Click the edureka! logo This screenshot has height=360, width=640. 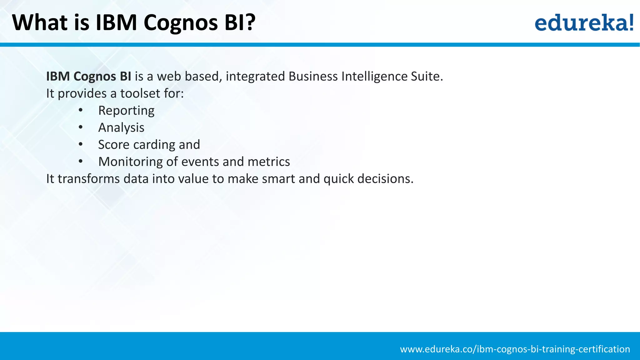point(584,22)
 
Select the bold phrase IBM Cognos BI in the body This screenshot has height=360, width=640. point(88,77)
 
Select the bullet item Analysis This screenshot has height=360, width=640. point(121,128)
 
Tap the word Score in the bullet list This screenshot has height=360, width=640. point(114,145)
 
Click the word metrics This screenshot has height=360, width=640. point(269,162)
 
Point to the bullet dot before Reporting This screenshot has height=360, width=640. point(81,110)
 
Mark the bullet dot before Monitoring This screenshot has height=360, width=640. point(81,162)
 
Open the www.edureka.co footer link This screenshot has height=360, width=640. point(515,349)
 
